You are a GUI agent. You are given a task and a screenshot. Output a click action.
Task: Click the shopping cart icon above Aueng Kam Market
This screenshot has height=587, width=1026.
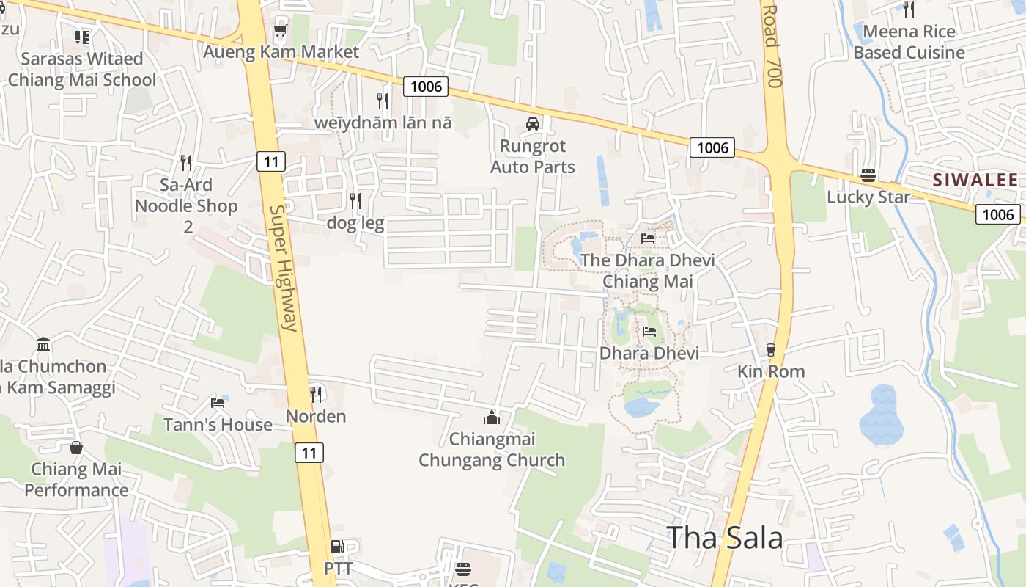279,31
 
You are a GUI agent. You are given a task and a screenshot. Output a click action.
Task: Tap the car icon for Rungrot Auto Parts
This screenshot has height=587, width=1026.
533,124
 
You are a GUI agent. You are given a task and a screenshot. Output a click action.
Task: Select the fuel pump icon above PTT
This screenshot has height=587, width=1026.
337,547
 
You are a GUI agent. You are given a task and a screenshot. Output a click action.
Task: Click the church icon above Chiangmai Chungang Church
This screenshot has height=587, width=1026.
492,418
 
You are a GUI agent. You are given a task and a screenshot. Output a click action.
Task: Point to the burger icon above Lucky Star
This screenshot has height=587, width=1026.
868,175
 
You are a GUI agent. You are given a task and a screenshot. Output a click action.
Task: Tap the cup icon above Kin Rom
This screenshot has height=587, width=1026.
770,350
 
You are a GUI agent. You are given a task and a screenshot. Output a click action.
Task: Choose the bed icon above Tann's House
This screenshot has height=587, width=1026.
218,402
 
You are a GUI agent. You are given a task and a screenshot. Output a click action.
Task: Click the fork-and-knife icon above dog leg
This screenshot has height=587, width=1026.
355,200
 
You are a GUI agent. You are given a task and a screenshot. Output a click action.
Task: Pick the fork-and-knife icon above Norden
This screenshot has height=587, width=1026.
316,394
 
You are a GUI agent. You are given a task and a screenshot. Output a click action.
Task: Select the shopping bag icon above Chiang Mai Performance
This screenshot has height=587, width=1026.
76,447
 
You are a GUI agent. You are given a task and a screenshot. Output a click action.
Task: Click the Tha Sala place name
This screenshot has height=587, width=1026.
724,538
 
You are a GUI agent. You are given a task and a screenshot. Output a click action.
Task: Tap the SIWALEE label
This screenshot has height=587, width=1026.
975,181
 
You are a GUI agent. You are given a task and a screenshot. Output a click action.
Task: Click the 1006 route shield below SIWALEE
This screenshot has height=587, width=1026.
997,214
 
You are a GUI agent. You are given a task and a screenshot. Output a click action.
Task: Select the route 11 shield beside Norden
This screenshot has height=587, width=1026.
309,453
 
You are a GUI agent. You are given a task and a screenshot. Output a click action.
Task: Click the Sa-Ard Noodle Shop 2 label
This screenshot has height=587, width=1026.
187,205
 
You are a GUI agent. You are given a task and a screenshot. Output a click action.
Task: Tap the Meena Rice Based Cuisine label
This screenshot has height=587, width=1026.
909,42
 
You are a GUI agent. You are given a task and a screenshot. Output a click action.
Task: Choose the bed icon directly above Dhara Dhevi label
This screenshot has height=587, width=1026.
649,332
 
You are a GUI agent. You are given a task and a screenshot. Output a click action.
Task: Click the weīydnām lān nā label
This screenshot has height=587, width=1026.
383,123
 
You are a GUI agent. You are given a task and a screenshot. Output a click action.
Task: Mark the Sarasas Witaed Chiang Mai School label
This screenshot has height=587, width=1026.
82,69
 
